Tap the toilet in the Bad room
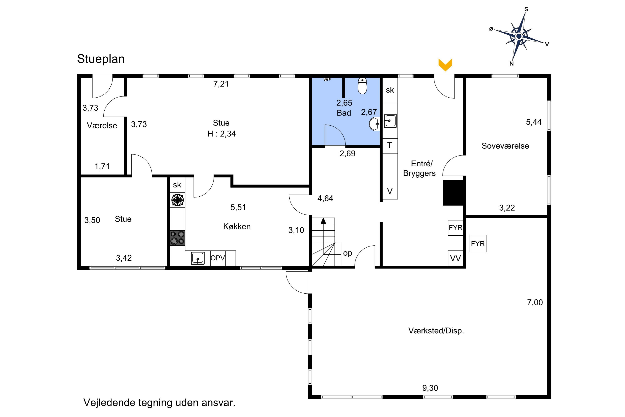pos(362,86)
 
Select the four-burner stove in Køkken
pos(177,238)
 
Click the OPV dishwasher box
pos(218,258)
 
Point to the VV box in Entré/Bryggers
pos(455,258)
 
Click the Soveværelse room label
pos(505,146)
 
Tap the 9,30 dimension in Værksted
pos(430,388)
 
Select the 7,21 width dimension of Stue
pos(221,84)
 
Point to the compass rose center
pos(519,36)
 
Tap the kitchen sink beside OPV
pos(198,258)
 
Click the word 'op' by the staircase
pos(347,253)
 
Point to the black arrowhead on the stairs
pos(323,221)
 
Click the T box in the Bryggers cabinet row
pos(390,146)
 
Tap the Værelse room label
pos(102,125)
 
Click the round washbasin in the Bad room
pos(374,124)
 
